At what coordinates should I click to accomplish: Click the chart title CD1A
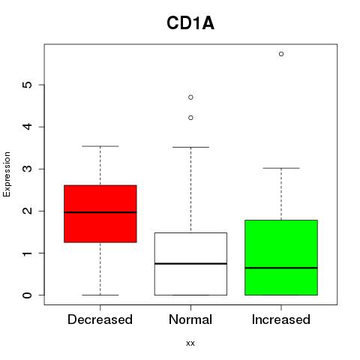coord(190,23)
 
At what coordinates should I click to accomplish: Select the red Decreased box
coord(100,214)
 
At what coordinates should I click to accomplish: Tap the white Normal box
coord(190,264)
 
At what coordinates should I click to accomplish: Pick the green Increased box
coord(281,257)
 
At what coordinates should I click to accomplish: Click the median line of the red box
coord(100,212)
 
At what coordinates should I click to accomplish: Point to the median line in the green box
coord(281,268)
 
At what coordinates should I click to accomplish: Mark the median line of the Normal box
coord(190,264)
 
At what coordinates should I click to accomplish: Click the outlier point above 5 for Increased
coord(281,54)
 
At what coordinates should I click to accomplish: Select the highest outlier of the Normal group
coord(190,97)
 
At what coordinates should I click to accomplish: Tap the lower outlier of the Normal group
coord(190,118)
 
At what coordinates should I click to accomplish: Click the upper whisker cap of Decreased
coord(100,146)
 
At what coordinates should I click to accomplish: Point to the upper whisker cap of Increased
coord(281,168)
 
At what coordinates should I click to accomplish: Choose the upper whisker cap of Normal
coord(190,147)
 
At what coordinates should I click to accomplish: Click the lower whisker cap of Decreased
coord(100,295)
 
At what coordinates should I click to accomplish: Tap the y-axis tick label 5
coord(28,85)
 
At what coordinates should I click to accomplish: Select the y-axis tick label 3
coord(28,169)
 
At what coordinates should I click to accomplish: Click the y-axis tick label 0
coord(28,295)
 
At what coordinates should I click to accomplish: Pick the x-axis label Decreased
coord(100,319)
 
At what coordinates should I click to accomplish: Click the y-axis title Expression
coord(7,174)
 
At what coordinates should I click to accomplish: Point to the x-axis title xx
coord(190,343)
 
